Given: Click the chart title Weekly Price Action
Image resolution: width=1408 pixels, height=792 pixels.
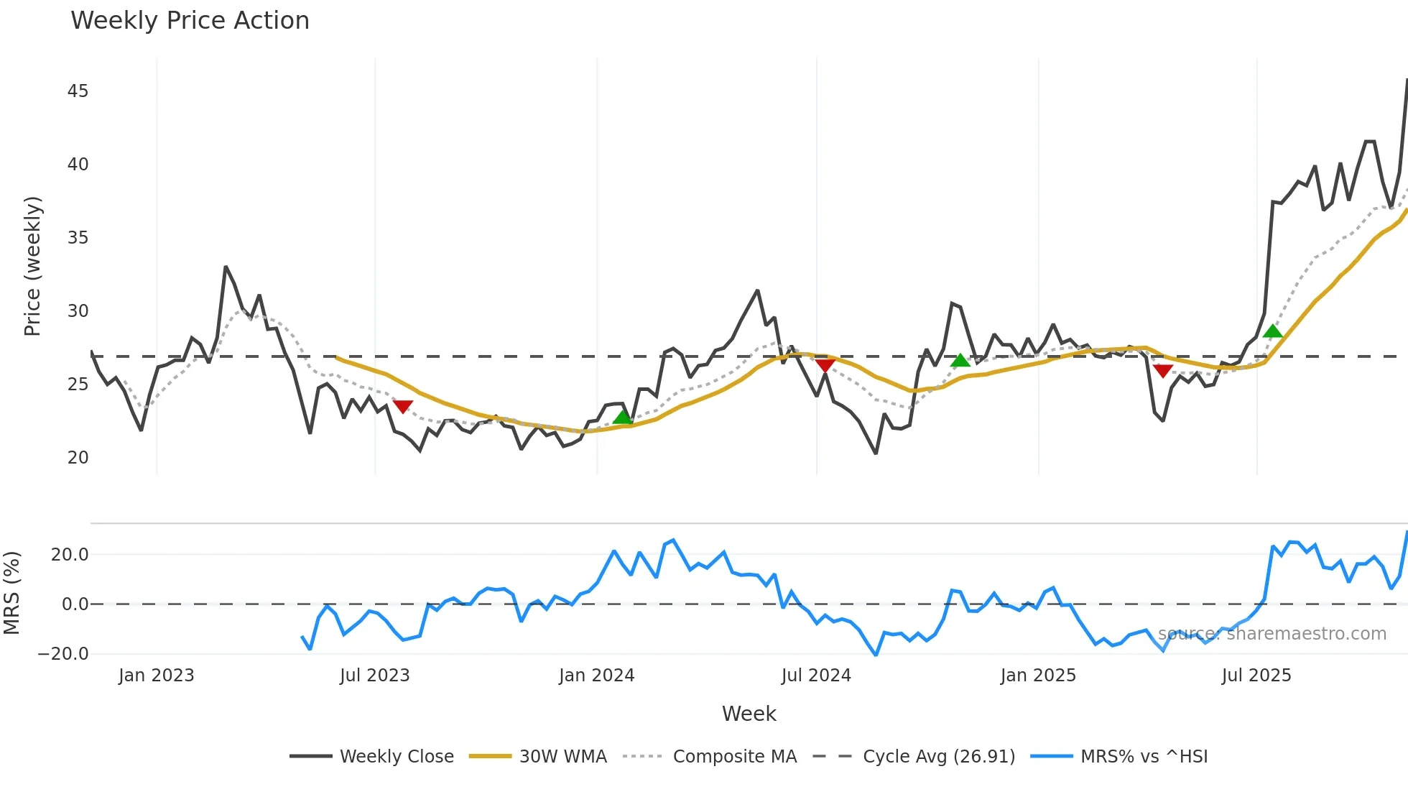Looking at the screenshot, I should pyautogui.click(x=190, y=21).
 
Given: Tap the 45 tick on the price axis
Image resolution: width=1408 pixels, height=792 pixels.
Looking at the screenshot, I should pyautogui.click(x=78, y=91).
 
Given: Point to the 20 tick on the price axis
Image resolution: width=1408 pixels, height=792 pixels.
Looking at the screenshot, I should pyautogui.click(x=78, y=458).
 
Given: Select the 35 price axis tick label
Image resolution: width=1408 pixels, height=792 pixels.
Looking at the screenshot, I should pyautogui.click(x=78, y=238).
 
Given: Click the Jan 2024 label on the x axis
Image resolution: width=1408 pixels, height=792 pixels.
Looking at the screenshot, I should pyautogui.click(x=596, y=676).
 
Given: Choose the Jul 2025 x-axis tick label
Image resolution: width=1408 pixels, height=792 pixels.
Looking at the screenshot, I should pyautogui.click(x=1256, y=676).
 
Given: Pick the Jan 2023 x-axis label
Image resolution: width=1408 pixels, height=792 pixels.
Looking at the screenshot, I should pyautogui.click(x=156, y=676).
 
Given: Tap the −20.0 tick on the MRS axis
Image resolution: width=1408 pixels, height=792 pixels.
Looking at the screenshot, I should pyautogui.click(x=63, y=654).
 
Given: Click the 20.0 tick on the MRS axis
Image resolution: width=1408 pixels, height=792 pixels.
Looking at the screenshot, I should pyautogui.click(x=70, y=555).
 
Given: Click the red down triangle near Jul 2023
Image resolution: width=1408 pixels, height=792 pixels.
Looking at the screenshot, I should pyautogui.click(x=403, y=407).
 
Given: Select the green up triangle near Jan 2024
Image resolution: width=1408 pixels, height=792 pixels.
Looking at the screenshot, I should pyautogui.click(x=623, y=418).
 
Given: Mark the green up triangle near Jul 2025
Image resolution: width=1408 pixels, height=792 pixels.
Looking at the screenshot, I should pyautogui.click(x=1272, y=331).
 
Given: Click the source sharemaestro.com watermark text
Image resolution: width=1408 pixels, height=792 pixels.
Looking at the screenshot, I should pyautogui.click(x=1272, y=634).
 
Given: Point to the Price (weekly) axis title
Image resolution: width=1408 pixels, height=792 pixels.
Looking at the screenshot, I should pyautogui.click(x=32, y=266).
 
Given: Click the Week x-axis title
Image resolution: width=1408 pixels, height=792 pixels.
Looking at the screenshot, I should pyautogui.click(x=749, y=714).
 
